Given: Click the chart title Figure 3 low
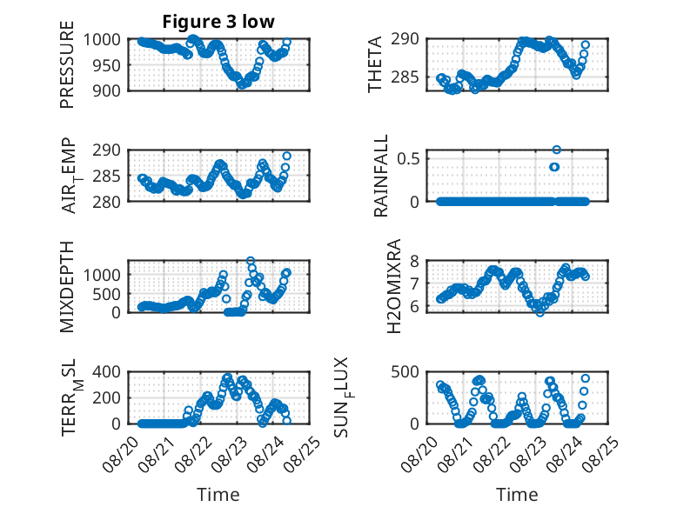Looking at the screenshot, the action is point(218,22).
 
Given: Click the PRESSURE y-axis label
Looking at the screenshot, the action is point(67,64).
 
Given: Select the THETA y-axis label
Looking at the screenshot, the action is point(375,64).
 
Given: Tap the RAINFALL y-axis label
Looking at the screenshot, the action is point(381,176).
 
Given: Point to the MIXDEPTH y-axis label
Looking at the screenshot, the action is point(67,287).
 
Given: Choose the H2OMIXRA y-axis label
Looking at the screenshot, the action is point(394,286).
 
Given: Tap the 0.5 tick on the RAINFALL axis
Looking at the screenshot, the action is point(408,159).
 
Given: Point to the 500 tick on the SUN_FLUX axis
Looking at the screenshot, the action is point(405,372).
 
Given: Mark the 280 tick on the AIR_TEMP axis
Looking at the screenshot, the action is point(106,202).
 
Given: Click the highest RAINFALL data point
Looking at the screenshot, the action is point(557,150).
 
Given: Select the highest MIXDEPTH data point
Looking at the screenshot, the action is point(251,261).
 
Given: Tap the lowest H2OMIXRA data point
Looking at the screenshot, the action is point(540,312).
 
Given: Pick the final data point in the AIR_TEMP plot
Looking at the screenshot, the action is point(286,156).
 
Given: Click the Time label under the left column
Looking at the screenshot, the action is point(218,495).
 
